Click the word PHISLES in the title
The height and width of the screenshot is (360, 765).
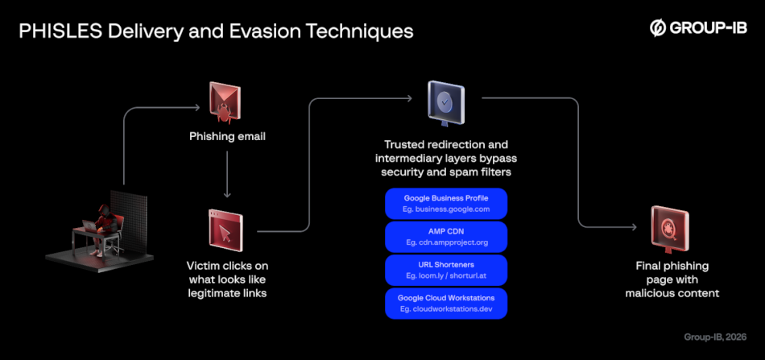pyautogui.click(x=58, y=31)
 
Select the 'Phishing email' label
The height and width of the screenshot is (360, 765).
pyautogui.click(x=227, y=136)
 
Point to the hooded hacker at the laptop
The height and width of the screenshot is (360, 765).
pyautogui.click(x=102, y=221)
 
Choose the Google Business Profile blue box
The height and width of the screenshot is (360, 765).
pyautogui.click(x=445, y=203)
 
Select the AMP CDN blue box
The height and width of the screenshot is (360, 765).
pyautogui.click(x=445, y=236)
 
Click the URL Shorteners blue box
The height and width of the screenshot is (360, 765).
pyautogui.click(x=445, y=269)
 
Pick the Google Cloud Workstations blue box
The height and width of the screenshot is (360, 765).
pyautogui.click(x=445, y=303)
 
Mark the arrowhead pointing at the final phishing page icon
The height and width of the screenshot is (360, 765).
pyautogui.click(x=643, y=226)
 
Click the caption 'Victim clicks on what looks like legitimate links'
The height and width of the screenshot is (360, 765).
pyautogui.click(x=227, y=279)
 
